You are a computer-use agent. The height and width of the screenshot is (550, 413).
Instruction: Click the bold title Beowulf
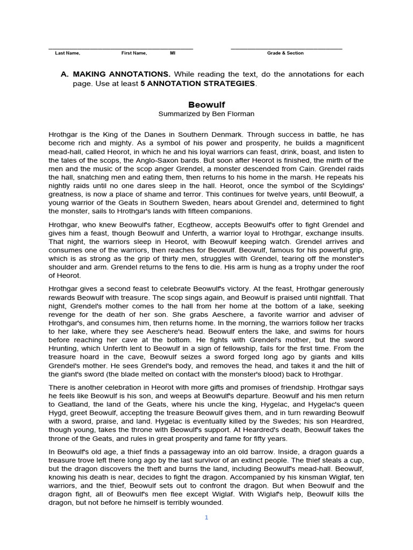(x=206, y=104)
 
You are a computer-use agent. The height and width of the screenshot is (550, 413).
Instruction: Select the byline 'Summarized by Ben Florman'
(x=206, y=114)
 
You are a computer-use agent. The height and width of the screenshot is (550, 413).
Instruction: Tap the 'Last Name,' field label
(x=68, y=53)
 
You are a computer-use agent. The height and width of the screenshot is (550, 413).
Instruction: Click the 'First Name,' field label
(x=134, y=53)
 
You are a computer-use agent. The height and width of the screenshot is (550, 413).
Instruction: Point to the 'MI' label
(x=173, y=53)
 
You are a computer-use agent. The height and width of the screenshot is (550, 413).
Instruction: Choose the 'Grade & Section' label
(x=286, y=53)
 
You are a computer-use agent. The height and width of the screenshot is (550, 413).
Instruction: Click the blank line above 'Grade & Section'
(x=286, y=48)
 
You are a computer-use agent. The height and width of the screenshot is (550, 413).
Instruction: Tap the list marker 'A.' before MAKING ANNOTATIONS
(x=65, y=74)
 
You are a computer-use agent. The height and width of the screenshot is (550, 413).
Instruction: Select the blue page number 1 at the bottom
(x=206, y=517)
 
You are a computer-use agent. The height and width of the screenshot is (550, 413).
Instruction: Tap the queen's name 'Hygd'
(x=58, y=414)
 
